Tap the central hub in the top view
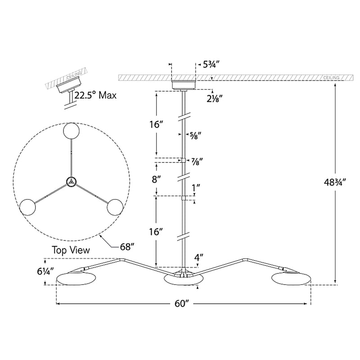(x=71, y=181)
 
